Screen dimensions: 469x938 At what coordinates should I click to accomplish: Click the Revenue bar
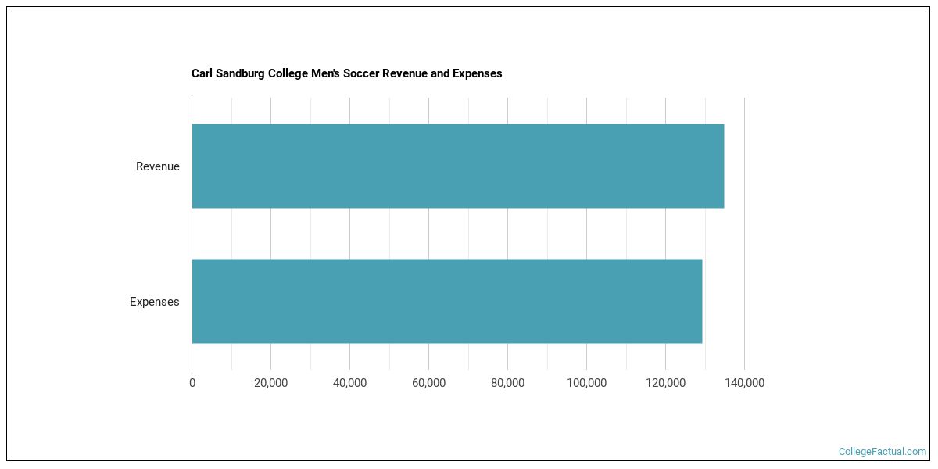click(x=457, y=166)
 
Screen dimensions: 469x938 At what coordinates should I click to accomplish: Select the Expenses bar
click(x=446, y=301)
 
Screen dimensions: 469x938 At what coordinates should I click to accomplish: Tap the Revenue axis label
click(x=157, y=166)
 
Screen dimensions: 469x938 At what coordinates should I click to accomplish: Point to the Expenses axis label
click(x=154, y=302)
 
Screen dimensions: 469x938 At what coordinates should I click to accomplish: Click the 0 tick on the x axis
click(x=192, y=383)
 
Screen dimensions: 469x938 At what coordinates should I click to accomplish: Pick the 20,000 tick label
click(x=270, y=383)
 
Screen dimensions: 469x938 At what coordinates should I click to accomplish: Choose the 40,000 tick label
click(x=349, y=383)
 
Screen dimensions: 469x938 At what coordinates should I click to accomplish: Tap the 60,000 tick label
click(x=428, y=383)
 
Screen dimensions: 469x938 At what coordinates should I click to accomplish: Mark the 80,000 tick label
click(x=507, y=383)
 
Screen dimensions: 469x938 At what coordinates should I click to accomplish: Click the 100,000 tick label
click(x=586, y=383)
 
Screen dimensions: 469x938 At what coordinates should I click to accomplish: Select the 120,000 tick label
click(x=665, y=383)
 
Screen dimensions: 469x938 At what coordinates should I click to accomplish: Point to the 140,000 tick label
click(x=744, y=383)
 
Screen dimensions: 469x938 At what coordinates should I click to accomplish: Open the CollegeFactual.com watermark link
click(x=882, y=452)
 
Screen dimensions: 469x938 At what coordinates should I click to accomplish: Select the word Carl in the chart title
click(x=202, y=73)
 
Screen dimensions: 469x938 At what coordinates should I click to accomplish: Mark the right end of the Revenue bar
click(x=723, y=166)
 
